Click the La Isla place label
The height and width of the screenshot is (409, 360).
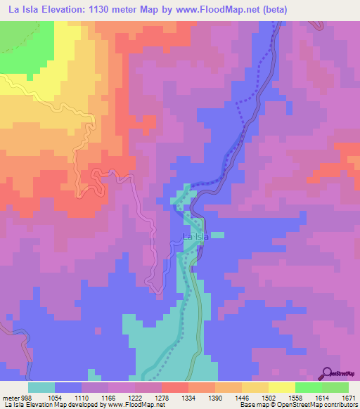click(x=196, y=237)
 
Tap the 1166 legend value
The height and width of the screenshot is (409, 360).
click(x=108, y=397)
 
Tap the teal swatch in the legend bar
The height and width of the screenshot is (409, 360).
click(x=41, y=387)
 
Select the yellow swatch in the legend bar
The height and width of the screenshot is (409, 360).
click(x=281, y=387)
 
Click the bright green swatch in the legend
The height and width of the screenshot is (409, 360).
click(x=308, y=387)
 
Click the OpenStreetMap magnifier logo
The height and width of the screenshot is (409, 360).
click(x=328, y=372)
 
